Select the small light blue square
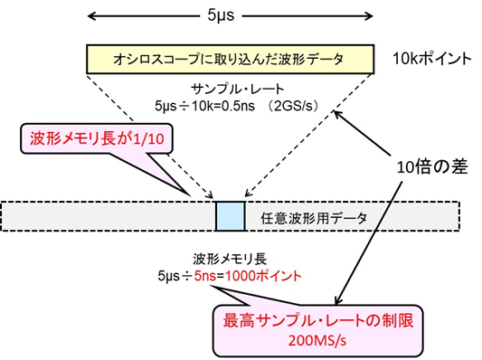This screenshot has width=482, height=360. coord(230,216)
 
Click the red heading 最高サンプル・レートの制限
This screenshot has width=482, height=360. coord(299,320)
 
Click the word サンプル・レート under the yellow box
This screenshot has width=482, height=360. coord(231,90)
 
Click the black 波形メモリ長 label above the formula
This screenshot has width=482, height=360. coord(230,259)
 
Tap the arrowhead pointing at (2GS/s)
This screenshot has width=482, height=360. coord(337,114)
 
